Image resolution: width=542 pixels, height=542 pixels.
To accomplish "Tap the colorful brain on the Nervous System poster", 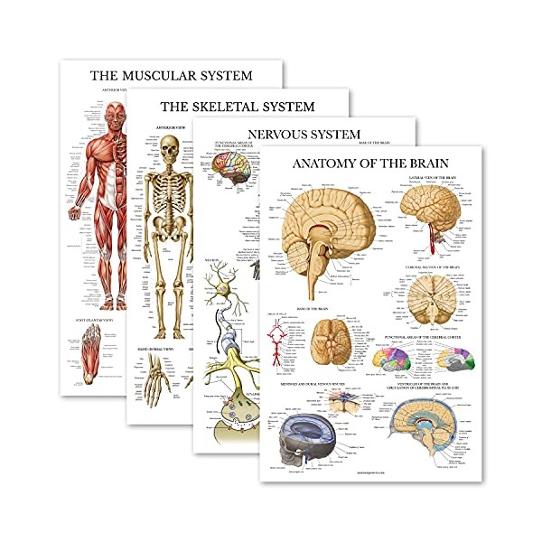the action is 233,172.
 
